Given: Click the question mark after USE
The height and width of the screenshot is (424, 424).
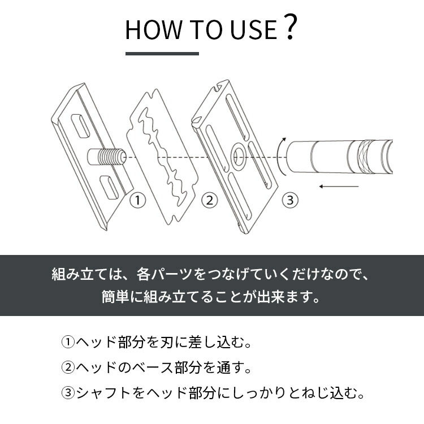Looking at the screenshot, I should tap(289, 28).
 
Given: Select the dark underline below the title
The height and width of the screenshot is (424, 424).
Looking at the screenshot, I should tap(162, 54).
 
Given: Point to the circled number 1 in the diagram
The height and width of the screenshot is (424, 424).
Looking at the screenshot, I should tap(137, 200).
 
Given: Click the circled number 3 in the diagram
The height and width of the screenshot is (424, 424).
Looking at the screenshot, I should tap(289, 200).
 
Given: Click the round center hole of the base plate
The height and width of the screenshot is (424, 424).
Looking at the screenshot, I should tap(237, 154).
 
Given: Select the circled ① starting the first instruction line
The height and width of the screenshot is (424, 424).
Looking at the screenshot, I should tap(68, 343).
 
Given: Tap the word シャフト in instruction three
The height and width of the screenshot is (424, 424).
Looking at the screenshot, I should tap(107, 392).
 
